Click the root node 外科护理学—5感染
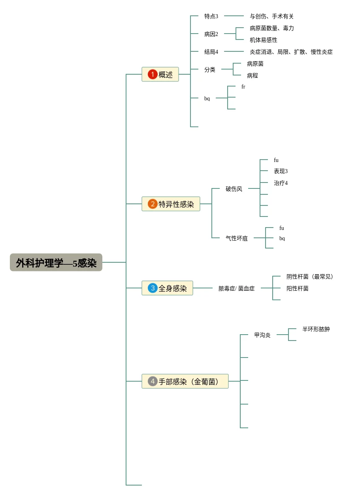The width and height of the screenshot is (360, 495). tap(56, 263)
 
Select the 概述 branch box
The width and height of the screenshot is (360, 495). tap(160, 74)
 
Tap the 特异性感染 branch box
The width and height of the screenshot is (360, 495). tap(171, 204)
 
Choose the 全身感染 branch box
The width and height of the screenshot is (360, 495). tap(168, 288)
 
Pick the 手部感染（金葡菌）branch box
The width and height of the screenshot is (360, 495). tap(185, 382)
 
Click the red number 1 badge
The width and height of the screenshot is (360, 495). tap(153, 74)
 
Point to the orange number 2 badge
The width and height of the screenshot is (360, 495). tap(153, 204)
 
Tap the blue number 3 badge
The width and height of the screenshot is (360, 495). tap(153, 288)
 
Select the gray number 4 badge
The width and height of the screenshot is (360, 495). tap(153, 382)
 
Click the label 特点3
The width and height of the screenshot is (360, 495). tap(211, 16)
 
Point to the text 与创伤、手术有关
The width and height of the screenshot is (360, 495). tap(271, 17)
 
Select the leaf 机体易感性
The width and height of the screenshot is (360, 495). tap(264, 40)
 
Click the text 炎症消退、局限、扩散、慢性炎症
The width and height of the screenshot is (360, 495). tap(291, 52)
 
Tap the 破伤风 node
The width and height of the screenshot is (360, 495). tap(234, 189)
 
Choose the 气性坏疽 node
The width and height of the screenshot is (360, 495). tap(237, 239)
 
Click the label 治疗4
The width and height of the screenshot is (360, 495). tap(281, 183)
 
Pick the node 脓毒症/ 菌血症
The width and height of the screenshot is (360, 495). tap(237, 289)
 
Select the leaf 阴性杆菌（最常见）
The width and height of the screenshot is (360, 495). tap(311, 277)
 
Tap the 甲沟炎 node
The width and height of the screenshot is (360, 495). tap(262, 335)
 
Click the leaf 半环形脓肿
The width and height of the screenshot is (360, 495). tap(316, 329)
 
